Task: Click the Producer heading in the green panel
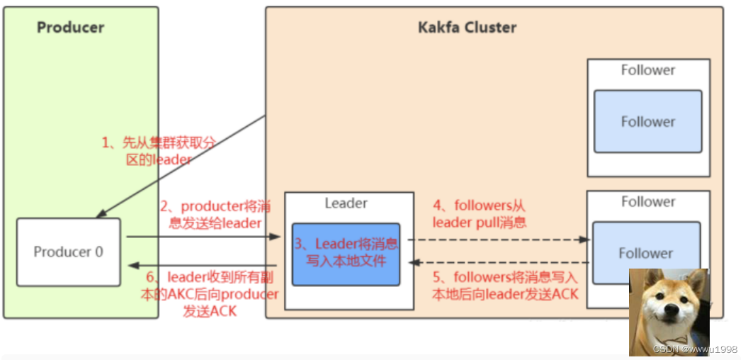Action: click(70, 28)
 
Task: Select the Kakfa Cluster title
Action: click(467, 28)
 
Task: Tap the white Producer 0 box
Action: click(68, 252)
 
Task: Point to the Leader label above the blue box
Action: click(346, 203)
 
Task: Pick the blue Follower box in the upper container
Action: click(647, 121)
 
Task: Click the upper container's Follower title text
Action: click(647, 70)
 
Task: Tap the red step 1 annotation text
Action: click(159, 150)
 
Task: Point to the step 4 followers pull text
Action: click(479, 213)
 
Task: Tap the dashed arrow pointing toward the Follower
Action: click(496, 240)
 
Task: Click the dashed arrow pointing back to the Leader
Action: click(496, 262)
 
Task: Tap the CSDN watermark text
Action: click(695, 349)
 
